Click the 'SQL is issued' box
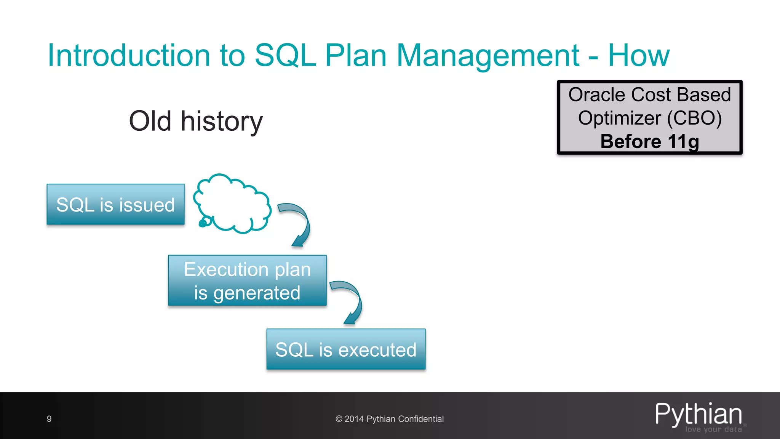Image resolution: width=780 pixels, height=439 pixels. click(115, 205)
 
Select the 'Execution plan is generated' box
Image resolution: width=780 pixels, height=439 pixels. click(247, 281)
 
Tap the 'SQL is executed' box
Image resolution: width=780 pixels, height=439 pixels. click(346, 349)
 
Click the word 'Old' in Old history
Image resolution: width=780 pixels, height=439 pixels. click(150, 121)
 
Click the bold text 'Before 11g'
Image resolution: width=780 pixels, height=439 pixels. click(650, 141)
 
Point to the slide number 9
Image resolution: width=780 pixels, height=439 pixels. click(49, 419)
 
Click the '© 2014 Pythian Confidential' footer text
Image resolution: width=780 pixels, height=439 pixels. click(390, 419)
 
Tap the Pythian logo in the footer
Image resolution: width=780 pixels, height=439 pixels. click(698, 414)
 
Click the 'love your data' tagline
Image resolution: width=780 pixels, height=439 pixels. click(713, 429)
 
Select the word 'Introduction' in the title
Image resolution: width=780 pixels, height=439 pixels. click(129, 56)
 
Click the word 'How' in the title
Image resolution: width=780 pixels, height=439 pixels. click(639, 56)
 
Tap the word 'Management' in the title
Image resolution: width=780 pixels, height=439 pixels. click(488, 56)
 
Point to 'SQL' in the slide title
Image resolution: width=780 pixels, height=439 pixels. click(285, 56)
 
